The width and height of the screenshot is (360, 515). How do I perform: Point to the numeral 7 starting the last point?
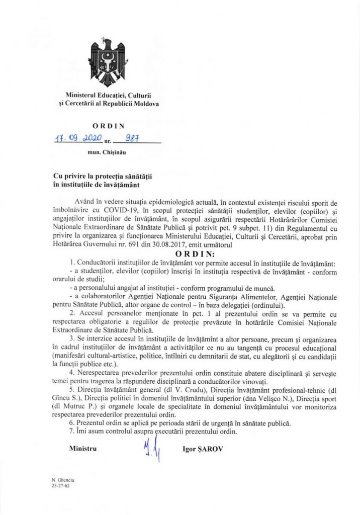72,431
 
